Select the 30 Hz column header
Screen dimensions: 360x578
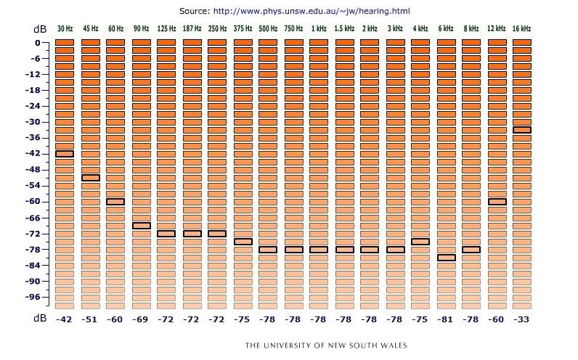point(65,28)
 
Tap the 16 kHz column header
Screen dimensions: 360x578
point(521,28)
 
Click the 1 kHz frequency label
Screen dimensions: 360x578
point(319,28)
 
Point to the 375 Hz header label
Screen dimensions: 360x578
point(243,28)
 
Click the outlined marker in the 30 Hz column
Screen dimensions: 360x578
point(65,153)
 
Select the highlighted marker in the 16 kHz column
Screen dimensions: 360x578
point(521,130)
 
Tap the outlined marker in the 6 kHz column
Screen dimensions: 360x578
point(446,257)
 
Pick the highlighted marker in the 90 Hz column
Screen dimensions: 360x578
point(141,226)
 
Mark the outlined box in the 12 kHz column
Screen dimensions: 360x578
point(497,201)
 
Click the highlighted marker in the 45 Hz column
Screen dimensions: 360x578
point(90,177)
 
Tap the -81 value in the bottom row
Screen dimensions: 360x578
point(446,320)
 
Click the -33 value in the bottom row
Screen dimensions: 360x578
point(521,320)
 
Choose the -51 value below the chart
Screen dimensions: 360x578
point(90,320)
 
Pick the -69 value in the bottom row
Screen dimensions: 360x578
point(141,320)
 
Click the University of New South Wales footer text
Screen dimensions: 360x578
point(326,345)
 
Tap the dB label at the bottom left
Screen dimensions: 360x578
point(40,319)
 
